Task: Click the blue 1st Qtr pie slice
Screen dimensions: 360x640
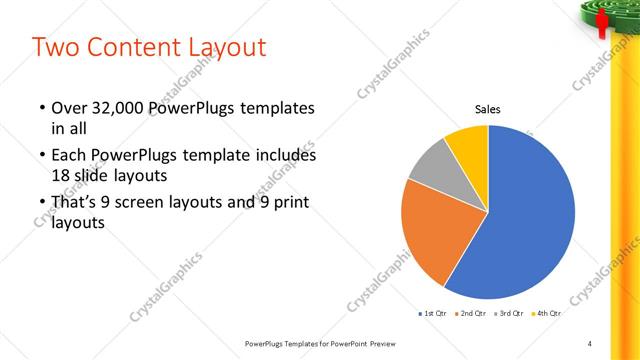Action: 530,215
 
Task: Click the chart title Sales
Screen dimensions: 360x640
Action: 487,110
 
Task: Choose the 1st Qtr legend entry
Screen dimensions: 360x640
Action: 431,313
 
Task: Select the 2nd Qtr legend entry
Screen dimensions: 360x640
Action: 469,313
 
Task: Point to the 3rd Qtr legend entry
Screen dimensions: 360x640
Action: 507,313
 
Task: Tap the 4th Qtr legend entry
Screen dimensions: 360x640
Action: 545,313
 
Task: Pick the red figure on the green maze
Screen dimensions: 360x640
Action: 602,24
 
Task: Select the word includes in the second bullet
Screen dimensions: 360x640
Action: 284,156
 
